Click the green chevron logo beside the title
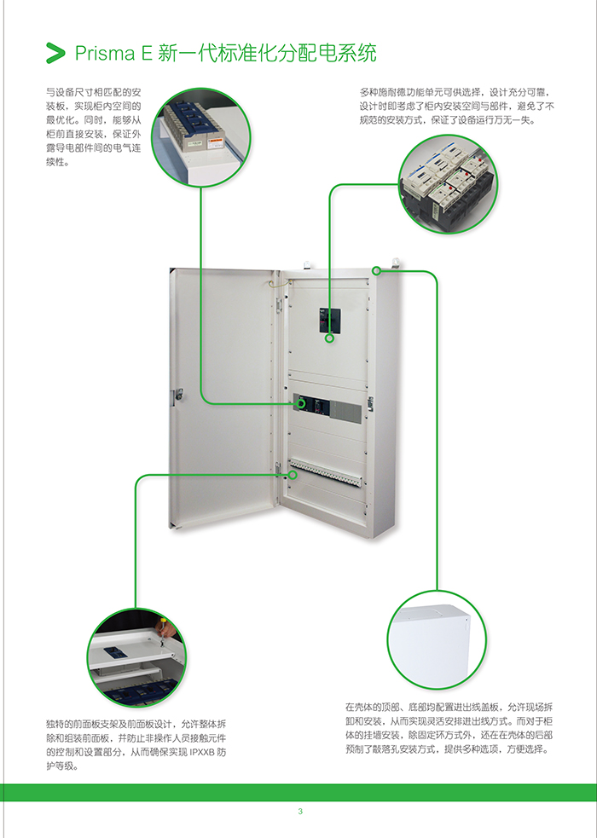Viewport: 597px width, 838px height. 55,53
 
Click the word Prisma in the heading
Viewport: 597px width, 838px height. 100,54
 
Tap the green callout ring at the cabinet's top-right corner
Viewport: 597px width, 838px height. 376,271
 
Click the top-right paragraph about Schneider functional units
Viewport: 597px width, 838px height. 456,107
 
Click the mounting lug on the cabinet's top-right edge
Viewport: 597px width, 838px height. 394,261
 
